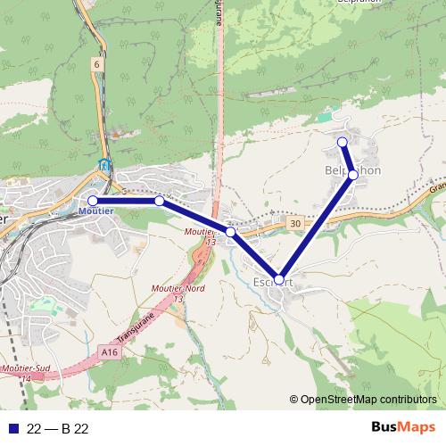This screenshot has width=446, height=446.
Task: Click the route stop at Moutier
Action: [93, 201]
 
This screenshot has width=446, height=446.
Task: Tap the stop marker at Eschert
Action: [279, 279]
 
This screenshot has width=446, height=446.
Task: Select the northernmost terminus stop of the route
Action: [342, 142]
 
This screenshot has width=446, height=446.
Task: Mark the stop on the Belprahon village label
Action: [353, 175]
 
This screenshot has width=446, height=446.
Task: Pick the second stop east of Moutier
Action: [230, 232]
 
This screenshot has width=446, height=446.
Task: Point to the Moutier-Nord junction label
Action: [203, 287]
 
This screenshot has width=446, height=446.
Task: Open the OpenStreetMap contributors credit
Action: [368, 401]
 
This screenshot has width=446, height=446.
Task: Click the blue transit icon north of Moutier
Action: [105, 165]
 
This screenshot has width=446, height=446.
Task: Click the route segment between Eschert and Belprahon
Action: [316, 227]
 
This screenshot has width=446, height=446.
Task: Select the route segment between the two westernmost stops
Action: [126, 201]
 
